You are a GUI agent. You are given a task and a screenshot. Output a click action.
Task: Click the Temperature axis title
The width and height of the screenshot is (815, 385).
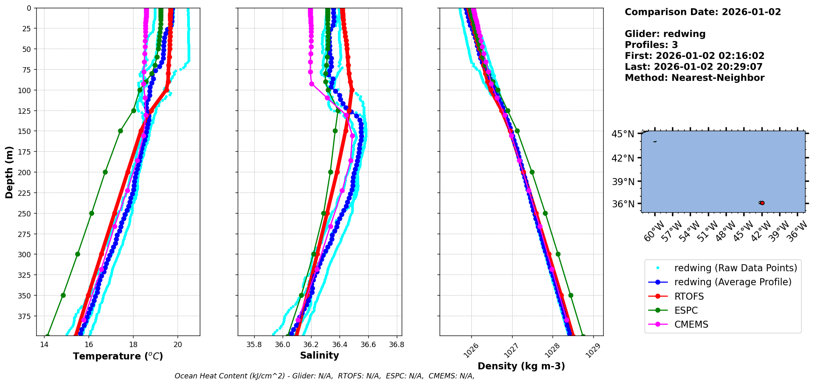tap(118, 356)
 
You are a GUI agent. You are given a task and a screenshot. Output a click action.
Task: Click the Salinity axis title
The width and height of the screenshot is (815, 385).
tap(319, 356)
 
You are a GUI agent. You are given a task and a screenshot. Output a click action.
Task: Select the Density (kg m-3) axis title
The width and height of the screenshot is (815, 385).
tap(521, 366)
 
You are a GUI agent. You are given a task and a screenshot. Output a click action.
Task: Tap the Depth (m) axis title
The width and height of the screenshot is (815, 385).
tap(9, 172)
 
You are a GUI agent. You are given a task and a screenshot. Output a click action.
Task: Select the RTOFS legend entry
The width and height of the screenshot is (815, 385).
tap(689, 296)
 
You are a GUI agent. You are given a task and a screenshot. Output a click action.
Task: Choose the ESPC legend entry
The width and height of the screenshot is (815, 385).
tap(686, 310)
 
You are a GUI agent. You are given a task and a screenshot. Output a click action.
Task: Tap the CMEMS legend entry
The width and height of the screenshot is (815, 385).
tap(691, 324)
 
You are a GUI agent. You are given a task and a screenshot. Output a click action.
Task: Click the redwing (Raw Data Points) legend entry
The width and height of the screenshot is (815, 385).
tap(735, 268)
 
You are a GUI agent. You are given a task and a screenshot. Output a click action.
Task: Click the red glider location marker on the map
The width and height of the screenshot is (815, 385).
tap(762, 203)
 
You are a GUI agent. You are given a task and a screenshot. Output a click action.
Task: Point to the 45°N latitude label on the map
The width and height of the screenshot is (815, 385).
tap(623, 134)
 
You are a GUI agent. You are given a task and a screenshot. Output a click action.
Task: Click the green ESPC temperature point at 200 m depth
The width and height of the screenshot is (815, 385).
tap(105, 172)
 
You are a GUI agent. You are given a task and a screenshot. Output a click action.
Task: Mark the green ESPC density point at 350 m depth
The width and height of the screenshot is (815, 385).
tap(571, 295)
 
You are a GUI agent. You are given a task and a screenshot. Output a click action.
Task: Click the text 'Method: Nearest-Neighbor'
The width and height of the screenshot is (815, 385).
tap(694, 78)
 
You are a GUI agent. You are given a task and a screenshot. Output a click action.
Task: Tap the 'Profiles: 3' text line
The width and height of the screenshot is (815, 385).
tap(651, 45)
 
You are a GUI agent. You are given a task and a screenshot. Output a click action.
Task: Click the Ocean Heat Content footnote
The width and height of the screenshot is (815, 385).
tap(324, 376)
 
